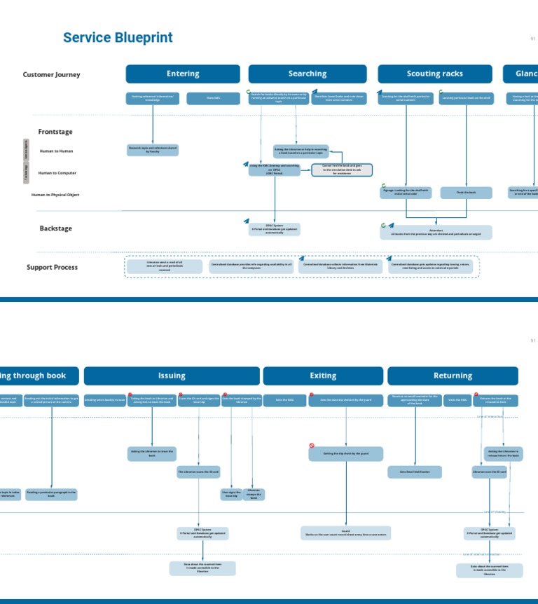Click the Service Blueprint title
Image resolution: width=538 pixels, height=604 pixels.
118,38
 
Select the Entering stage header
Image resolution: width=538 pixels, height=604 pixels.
183,74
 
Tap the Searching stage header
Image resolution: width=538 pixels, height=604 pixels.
308,74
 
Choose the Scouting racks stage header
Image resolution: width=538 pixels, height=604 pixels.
434,74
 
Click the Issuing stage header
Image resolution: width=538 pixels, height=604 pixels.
172,376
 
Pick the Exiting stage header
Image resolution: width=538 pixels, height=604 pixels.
323,376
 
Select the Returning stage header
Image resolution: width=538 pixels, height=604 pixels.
453,376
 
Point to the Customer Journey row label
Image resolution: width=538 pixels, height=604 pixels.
51,74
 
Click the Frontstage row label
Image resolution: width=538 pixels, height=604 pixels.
55,132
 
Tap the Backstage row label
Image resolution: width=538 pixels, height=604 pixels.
55,228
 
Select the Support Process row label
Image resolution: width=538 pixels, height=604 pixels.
52,267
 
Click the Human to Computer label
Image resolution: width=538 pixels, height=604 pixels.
57,172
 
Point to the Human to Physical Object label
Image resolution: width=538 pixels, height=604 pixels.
55,195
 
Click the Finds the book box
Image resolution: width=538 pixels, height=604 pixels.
466,192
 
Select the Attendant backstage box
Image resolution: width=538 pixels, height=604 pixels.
436,232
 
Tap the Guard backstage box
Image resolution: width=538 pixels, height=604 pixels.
346,533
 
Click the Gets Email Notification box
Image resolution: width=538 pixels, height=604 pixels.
415,472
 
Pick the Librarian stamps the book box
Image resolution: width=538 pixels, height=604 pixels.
254,494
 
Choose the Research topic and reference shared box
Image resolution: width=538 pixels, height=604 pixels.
153,149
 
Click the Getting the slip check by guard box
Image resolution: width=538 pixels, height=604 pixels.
346,454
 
